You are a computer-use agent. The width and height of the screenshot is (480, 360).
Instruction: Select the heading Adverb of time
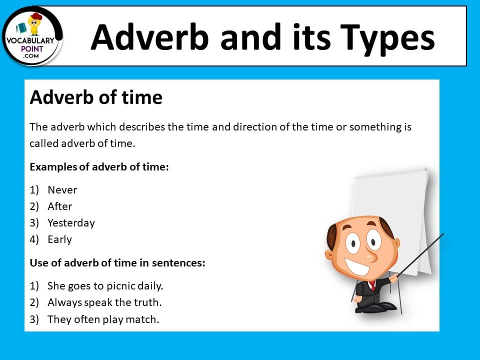pyautogui.click(x=96, y=97)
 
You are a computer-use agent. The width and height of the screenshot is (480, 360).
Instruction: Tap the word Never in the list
pyautogui.click(x=62, y=190)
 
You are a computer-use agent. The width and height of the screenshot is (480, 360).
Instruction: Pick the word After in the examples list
pyautogui.click(x=60, y=206)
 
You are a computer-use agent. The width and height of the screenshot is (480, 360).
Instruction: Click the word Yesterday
pyautogui.click(x=71, y=223)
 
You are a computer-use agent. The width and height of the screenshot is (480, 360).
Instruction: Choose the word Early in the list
pyautogui.click(x=60, y=239)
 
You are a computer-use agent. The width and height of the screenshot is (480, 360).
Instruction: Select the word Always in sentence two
pyautogui.click(x=63, y=302)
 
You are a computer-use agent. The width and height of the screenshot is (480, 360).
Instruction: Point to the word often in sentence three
pyautogui.click(x=86, y=319)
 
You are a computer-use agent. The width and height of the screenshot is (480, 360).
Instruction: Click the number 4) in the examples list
pyautogui.click(x=34, y=239)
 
